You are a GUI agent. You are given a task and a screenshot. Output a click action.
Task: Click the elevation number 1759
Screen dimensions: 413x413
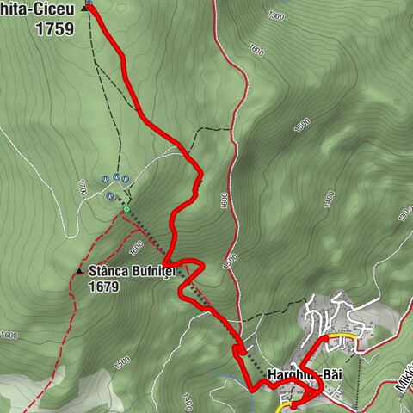point(54,28)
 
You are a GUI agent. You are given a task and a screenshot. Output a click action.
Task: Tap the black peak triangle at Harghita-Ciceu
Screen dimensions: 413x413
point(86,7)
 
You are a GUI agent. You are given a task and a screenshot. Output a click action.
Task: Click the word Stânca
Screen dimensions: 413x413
point(108,271)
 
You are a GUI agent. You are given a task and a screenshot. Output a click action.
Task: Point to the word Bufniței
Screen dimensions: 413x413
point(152,271)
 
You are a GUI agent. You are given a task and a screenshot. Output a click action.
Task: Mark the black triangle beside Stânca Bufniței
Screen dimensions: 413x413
point(79,271)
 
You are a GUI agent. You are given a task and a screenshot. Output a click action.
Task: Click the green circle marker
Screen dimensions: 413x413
point(126,208)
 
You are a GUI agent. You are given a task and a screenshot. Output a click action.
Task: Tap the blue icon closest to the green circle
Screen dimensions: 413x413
point(110,195)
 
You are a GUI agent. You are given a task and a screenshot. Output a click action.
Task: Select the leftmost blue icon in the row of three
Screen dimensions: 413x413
point(104,178)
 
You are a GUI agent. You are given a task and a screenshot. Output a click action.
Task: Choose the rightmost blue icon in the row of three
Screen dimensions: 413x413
point(126,178)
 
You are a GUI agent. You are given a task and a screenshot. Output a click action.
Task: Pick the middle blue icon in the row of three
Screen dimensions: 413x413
point(114,178)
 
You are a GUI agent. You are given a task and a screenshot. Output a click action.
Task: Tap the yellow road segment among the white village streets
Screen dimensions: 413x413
point(340,336)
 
